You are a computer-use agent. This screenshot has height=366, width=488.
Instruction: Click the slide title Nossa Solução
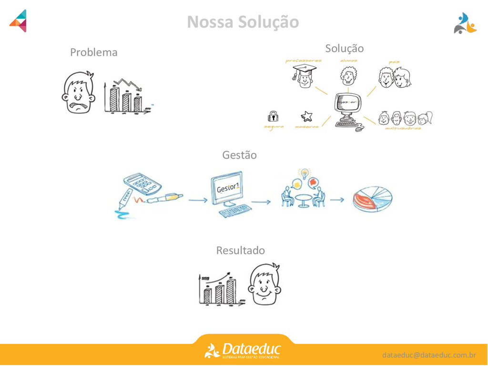pyautogui.click(x=243, y=22)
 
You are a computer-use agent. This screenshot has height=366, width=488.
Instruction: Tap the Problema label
pyautogui.click(x=93, y=52)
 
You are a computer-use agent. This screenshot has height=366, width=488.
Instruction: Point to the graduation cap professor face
pyautogui.click(x=305, y=76)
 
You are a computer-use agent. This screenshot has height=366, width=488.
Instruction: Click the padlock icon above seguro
pyautogui.click(x=273, y=115)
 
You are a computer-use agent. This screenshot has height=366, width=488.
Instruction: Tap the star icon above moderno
pyautogui.click(x=306, y=116)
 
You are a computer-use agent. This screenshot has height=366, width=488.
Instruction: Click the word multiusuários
pyautogui.click(x=403, y=128)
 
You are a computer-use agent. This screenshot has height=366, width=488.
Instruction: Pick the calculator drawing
pyautogui.click(x=142, y=183)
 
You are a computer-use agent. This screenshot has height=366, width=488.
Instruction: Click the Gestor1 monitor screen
pyautogui.click(x=227, y=188)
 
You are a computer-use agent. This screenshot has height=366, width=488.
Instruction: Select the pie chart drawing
pyautogui.click(x=372, y=199)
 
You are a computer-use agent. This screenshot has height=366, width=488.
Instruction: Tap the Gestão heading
pyautogui.click(x=239, y=155)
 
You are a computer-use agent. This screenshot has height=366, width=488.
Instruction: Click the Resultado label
pyautogui.click(x=240, y=250)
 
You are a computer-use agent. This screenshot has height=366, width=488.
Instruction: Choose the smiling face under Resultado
pyautogui.click(x=264, y=284)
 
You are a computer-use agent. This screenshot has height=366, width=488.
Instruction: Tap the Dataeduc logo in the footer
pyautogui.click(x=243, y=351)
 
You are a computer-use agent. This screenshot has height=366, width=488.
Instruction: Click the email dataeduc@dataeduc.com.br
pyautogui.click(x=428, y=355)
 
